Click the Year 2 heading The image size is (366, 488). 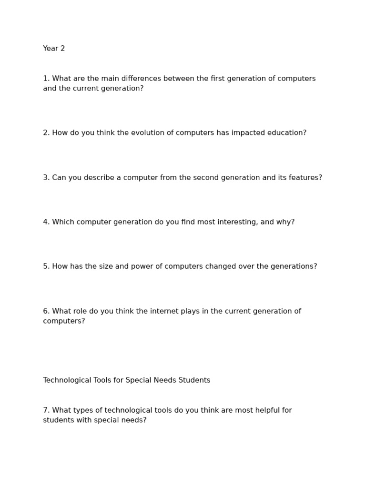[x=54, y=49]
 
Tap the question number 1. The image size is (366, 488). [x=46, y=79]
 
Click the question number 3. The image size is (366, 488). [x=46, y=178]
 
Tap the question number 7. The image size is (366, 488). [x=46, y=410]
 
